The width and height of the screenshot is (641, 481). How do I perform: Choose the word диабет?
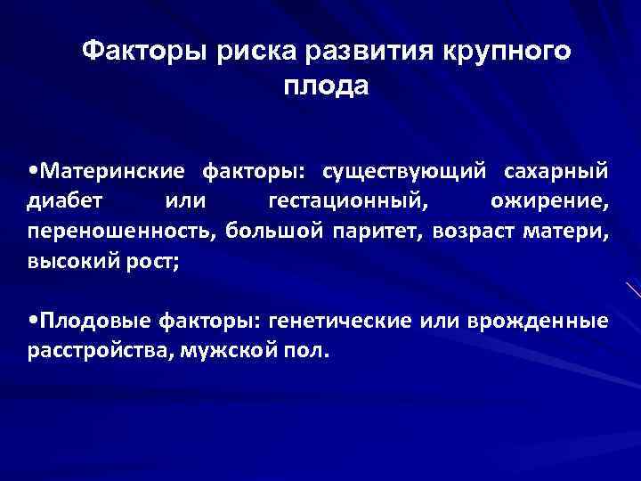click(x=65, y=200)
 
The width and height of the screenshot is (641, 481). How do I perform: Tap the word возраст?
click(x=473, y=232)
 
